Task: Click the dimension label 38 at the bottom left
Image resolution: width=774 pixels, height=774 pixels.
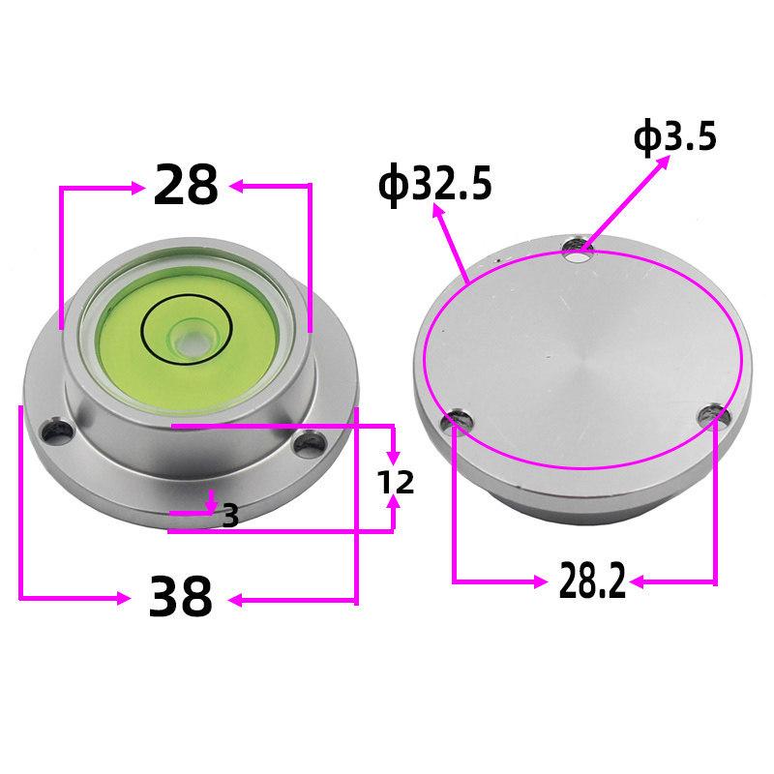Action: pyautogui.click(x=180, y=598)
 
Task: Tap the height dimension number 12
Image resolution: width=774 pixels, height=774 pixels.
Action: pyautogui.click(x=395, y=482)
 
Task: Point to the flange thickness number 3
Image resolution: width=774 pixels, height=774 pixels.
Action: pyautogui.click(x=230, y=516)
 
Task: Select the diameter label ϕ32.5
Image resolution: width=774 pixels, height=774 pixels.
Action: pyautogui.click(x=434, y=183)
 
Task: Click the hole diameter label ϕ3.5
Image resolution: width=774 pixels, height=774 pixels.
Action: pyautogui.click(x=674, y=138)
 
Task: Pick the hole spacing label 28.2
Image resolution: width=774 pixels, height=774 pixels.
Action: pyautogui.click(x=592, y=581)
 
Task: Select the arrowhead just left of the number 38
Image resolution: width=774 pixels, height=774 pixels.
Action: pyautogui.click(x=123, y=599)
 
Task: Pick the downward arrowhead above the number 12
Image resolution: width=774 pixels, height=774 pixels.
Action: pyautogui.click(x=393, y=454)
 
